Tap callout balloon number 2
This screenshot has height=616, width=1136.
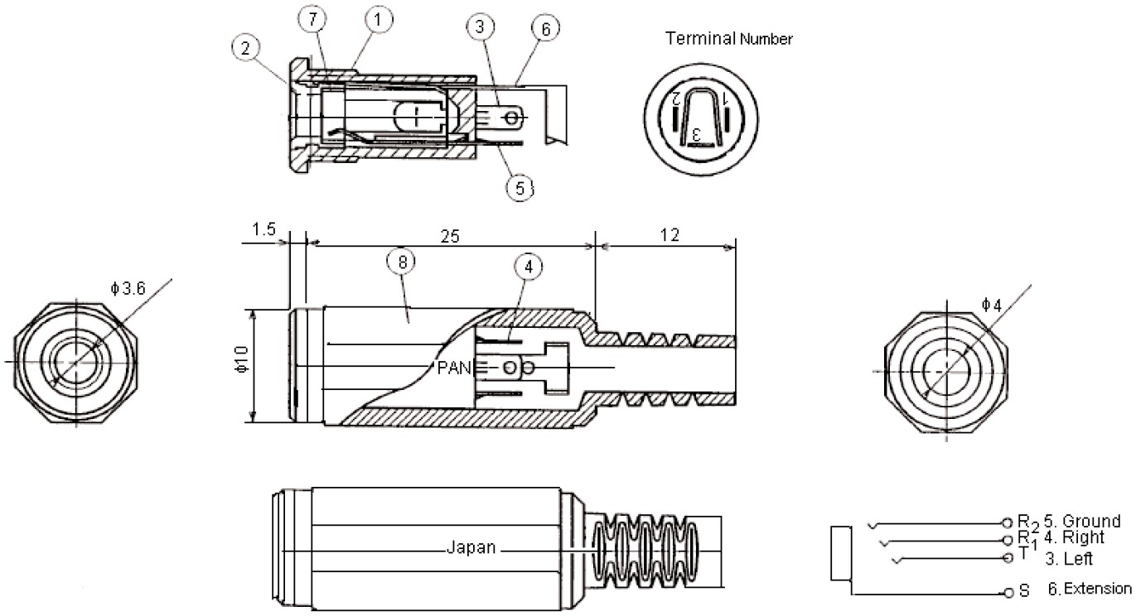pos(246,48)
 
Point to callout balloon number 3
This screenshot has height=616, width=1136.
pos(480,26)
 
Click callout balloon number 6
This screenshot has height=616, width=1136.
pos(544,28)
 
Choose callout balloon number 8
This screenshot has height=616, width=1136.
pos(402,262)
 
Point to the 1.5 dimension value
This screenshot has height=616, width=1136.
pos(264,229)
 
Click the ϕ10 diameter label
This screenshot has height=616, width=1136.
pos(240,365)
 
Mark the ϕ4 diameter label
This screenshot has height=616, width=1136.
pos(991,305)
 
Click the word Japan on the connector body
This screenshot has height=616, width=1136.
pos(471,547)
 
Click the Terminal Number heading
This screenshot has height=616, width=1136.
pos(728,38)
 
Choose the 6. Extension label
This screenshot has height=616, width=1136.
pos(1087,589)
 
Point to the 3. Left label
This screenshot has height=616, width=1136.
pos(1068,559)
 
